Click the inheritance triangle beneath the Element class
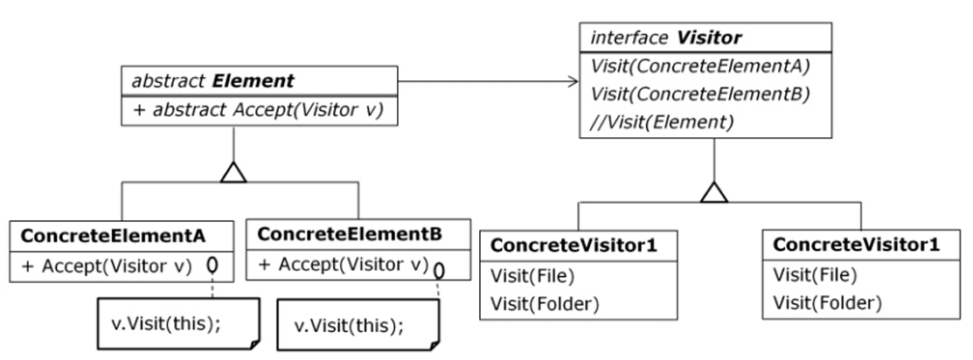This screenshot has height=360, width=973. click(x=233, y=172)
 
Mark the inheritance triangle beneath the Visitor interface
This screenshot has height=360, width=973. click(x=715, y=190)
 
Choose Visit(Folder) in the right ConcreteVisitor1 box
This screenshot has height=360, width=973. click(x=826, y=304)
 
